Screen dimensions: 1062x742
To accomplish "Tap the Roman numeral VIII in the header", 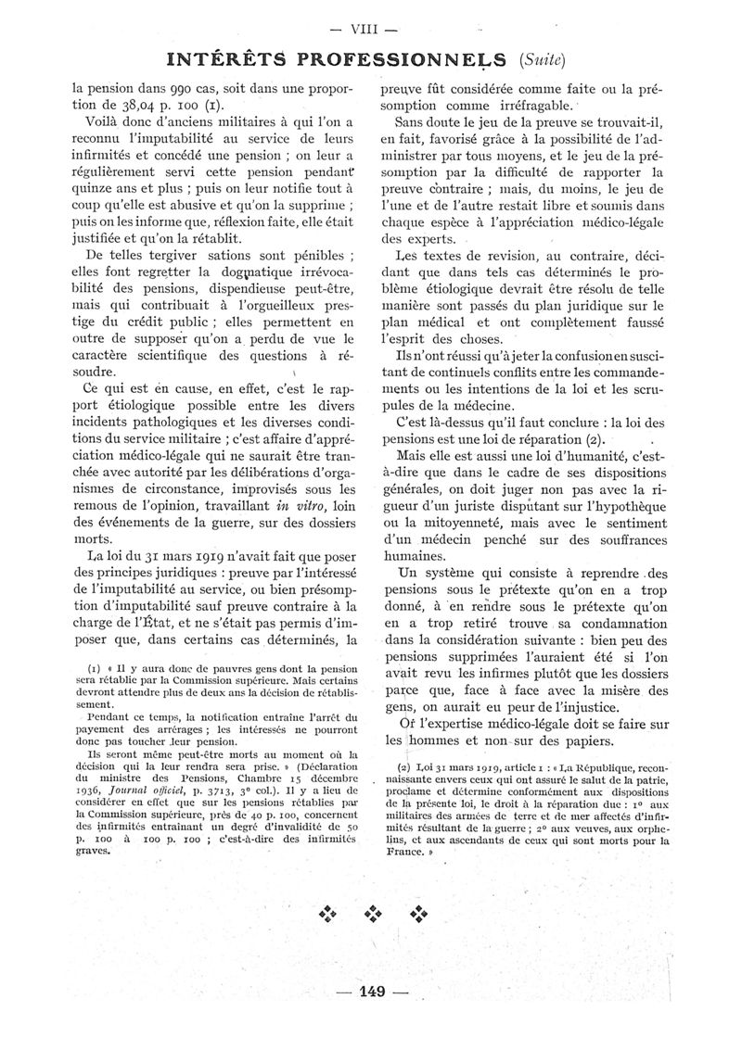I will tap(371, 28).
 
